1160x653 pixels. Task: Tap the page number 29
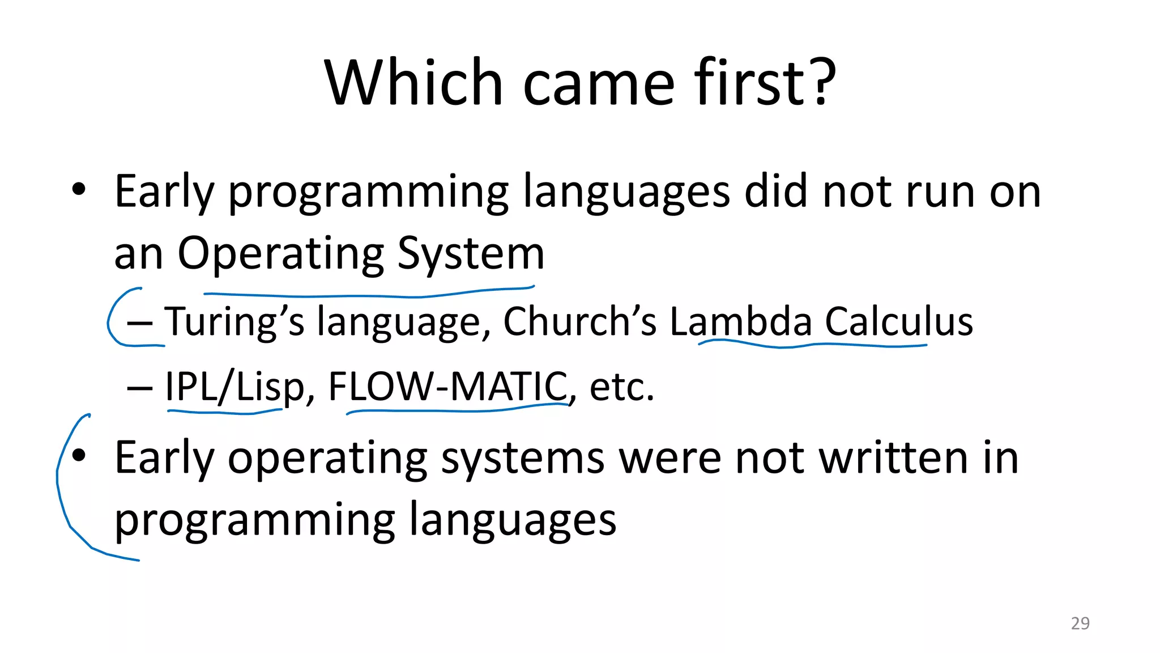point(1080,624)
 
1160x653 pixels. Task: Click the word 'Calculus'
point(899,321)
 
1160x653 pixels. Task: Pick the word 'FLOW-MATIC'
point(447,387)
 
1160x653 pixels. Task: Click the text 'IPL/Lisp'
point(234,387)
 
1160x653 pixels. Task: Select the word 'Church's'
point(579,321)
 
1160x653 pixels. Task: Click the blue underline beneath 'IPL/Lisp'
point(224,412)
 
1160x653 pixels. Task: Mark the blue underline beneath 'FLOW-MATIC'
point(453,410)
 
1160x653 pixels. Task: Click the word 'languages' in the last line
point(512,520)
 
